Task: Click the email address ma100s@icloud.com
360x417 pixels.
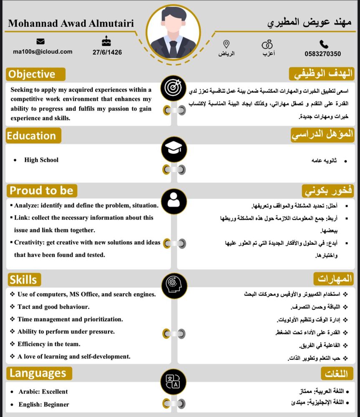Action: click(43, 52)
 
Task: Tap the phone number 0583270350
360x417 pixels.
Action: click(322, 54)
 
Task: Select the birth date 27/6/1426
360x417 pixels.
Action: click(107, 52)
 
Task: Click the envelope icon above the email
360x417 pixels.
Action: click(40, 41)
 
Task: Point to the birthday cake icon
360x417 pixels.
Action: click(107, 41)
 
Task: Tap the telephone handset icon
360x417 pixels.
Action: click(324, 44)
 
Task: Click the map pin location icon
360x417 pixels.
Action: click(227, 44)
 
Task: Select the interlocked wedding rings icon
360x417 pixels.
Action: click(267, 44)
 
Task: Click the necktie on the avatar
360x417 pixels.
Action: click(173, 48)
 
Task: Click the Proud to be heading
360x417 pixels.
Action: click(41, 191)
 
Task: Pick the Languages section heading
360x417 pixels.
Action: click(39, 373)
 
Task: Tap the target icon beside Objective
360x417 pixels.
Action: click(174, 88)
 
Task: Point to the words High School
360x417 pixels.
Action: click(41, 160)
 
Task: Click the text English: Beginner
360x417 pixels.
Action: click(44, 404)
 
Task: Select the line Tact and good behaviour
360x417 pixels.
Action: click(53, 306)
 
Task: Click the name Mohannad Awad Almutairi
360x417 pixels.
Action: click(71, 23)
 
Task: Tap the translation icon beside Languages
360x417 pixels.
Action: click(174, 381)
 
